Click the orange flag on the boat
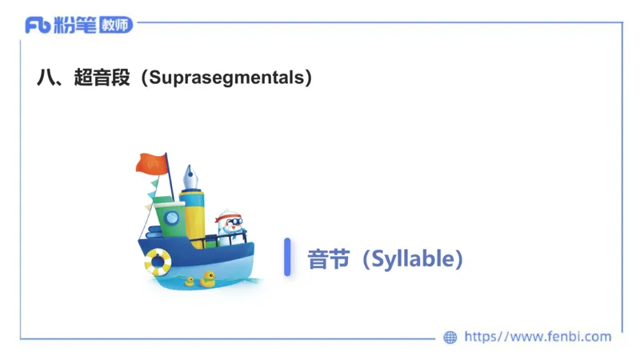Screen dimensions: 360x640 tap(151, 164)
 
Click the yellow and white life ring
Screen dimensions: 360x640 tap(158, 262)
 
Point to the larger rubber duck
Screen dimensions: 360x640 tap(209, 278)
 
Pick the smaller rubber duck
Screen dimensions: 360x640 tap(190, 282)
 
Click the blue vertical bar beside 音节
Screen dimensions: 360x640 tap(287, 257)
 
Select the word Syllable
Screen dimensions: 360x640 tap(412, 259)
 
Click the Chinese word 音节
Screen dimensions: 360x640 tap(329, 259)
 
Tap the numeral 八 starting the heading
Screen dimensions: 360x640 tap(46, 78)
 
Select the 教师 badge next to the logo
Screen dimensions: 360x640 tap(117, 26)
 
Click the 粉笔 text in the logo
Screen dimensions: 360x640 tap(77, 26)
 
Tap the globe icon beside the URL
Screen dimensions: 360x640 tap(450, 338)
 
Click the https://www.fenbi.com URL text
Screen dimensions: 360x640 tap(538, 337)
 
